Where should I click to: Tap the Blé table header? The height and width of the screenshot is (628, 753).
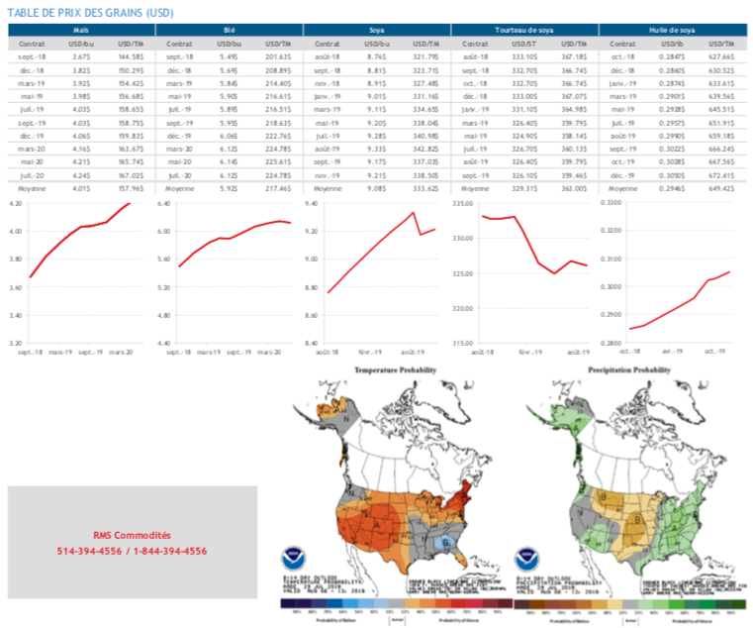229,33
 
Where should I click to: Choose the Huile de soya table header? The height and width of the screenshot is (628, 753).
672,33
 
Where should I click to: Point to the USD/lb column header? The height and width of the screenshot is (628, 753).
672,45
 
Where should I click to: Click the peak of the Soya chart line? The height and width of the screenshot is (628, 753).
413,212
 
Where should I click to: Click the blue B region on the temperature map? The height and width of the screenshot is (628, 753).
446,542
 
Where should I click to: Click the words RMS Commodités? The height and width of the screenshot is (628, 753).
132,535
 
